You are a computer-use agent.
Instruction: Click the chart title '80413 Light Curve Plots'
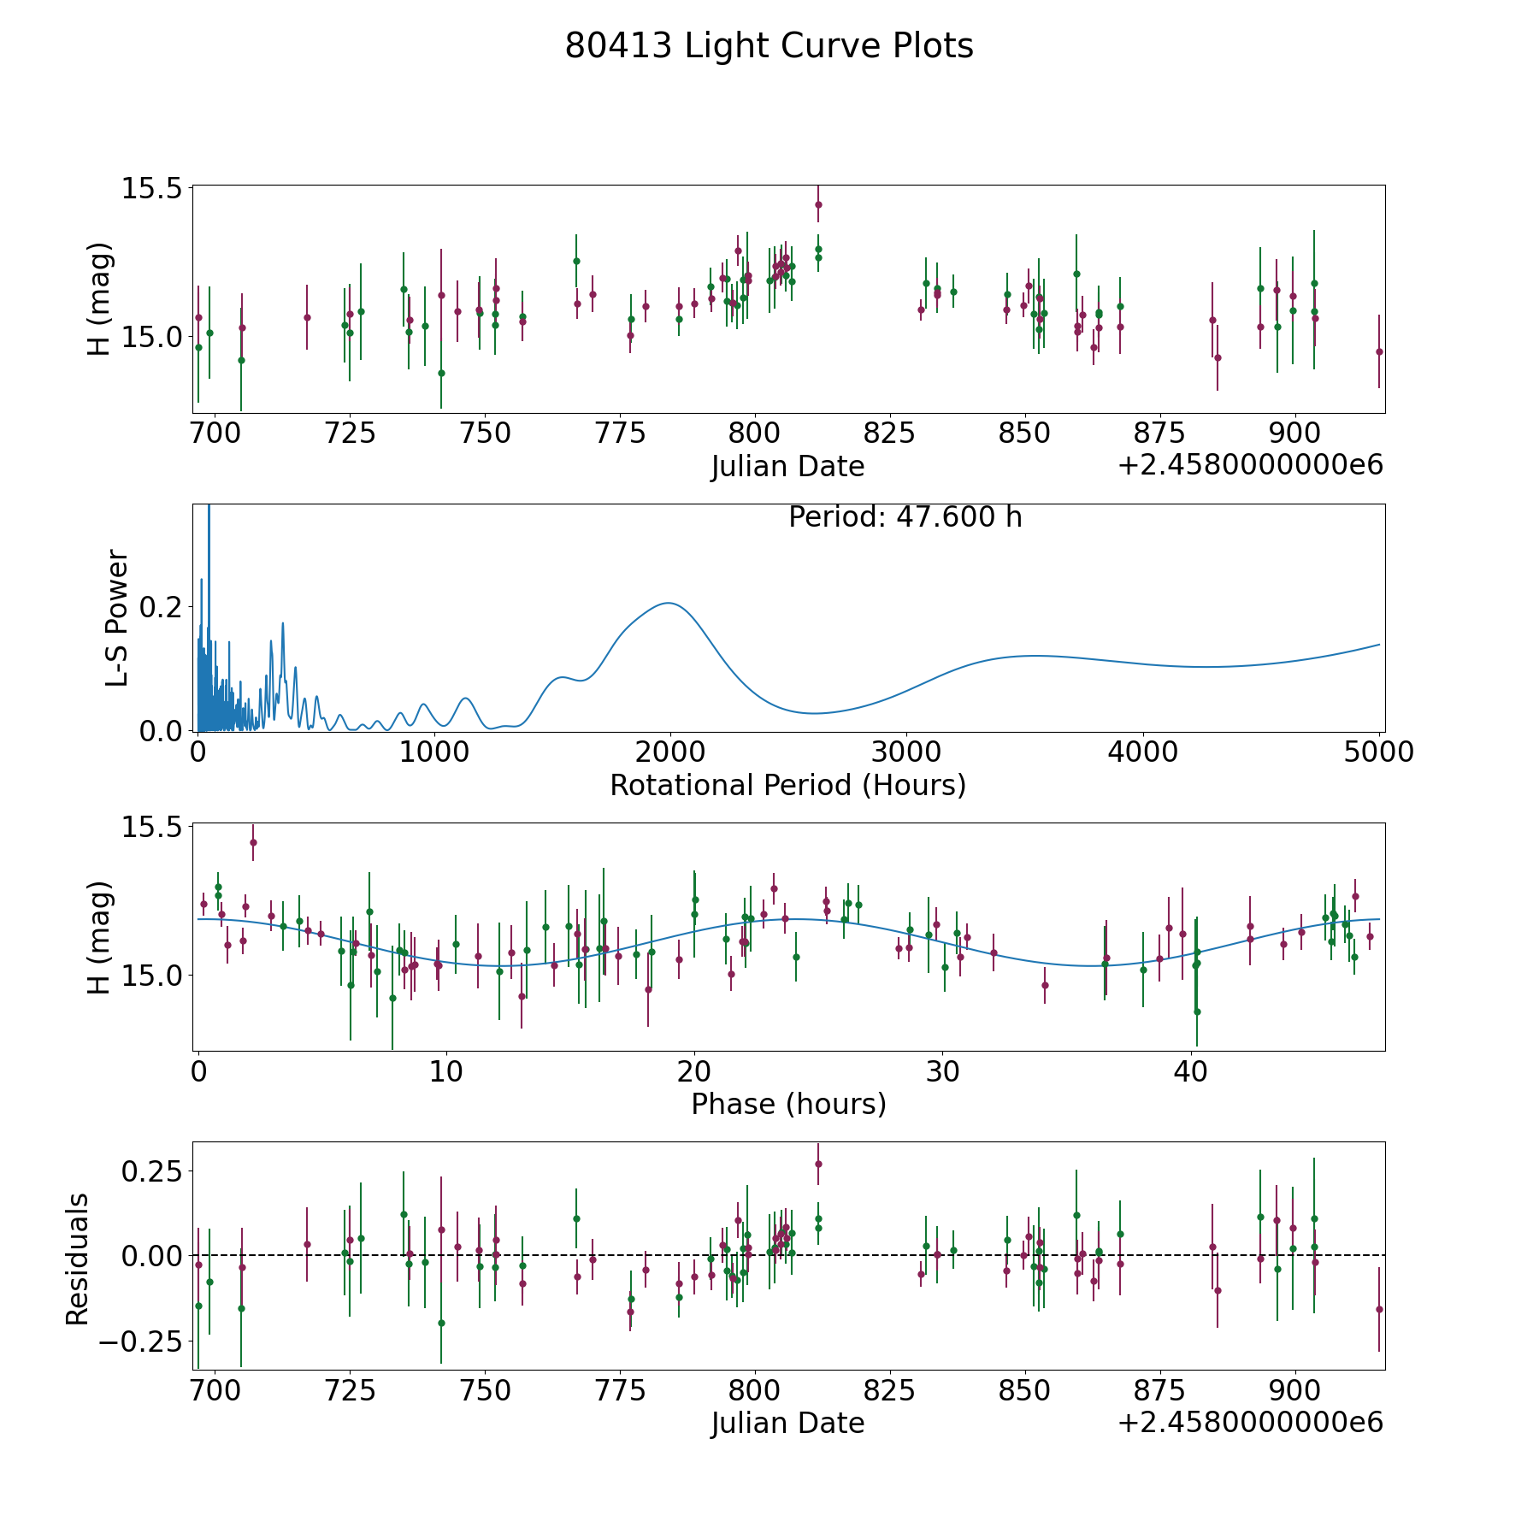[x=769, y=46]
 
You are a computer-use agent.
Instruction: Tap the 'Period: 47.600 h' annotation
[x=905, y=517]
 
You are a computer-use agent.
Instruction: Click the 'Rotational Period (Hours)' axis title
[x=787, y=785]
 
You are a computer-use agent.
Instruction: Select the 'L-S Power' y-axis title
[x=117, y=618]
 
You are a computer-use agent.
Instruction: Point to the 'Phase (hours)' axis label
[x=788, y=1104]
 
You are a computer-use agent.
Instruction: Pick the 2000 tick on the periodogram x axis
[x=669, y=752]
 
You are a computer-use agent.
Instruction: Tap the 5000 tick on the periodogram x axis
[x=1378, y=752]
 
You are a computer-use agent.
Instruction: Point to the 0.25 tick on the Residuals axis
[x=152, y=1170]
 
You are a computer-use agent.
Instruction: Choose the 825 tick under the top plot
[x=889, y=433]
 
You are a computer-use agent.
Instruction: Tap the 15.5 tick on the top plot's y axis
[x=152, y=188]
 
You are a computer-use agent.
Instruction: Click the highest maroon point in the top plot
[x=818, y=204]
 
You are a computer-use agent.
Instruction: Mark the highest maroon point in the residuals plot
[x=818, y=1164]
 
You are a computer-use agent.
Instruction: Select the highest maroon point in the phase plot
[x=253, y=842]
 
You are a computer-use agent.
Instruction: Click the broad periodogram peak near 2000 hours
[x=668, y=604]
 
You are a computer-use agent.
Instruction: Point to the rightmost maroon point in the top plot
[x=1379, y=351]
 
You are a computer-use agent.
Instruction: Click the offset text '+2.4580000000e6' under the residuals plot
[x=1250, y=1423]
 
